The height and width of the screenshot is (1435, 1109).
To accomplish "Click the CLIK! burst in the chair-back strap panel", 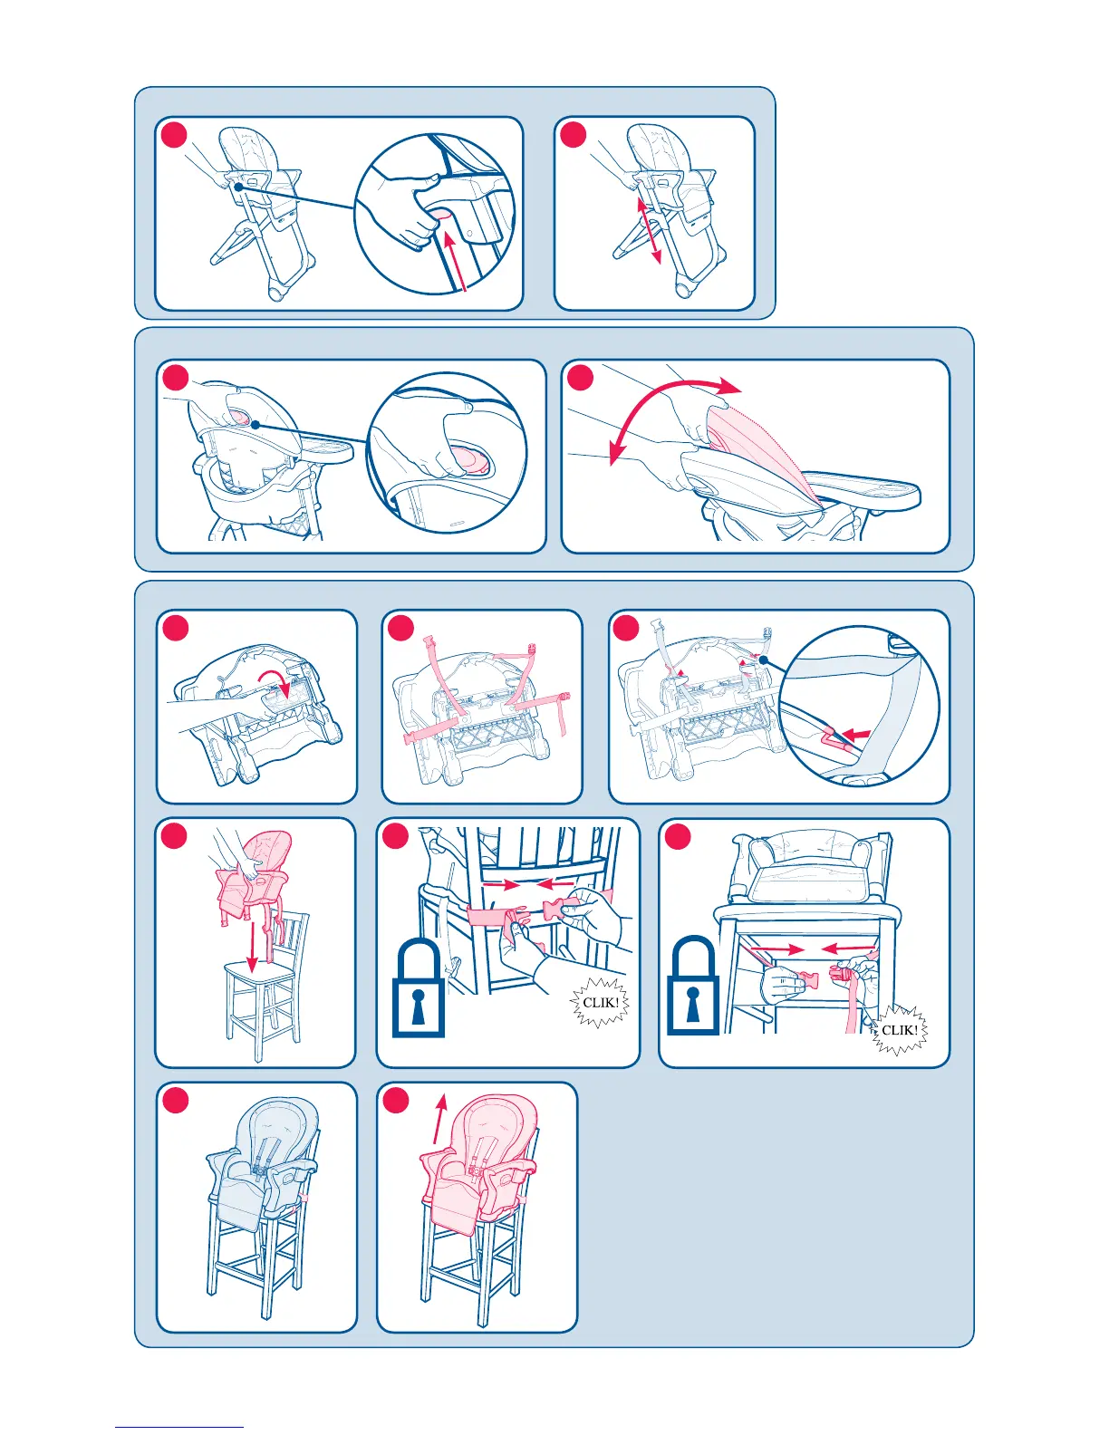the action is pos(600,1003).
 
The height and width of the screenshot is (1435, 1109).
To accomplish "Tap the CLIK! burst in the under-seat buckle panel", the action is pos(899,1030).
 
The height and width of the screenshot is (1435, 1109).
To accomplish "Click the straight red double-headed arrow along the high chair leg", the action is pos(649,230).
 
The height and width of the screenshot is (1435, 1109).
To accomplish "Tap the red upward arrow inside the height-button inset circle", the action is pos(457,258).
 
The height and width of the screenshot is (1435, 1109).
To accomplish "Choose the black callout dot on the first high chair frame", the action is pos(238,187).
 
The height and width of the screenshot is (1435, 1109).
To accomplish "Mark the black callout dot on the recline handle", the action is pos(255,424).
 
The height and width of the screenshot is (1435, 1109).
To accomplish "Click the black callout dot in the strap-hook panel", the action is pos(763,659).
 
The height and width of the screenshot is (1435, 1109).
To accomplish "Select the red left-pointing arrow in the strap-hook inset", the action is pos(857,733).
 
